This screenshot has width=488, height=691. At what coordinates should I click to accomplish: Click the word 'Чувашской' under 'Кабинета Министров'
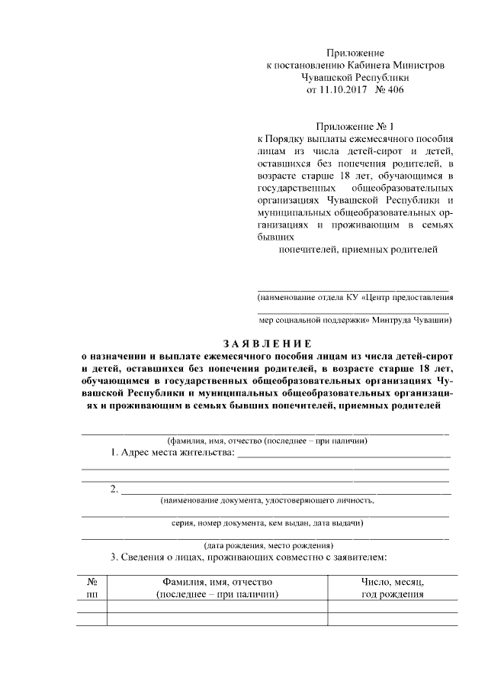[332, 78]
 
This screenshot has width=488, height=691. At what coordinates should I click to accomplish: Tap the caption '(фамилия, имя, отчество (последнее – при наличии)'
[267, 441]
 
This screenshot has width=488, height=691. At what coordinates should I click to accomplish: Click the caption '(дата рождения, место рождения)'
[267, 545]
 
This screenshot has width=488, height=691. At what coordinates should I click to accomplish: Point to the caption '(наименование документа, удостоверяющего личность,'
[267, 501]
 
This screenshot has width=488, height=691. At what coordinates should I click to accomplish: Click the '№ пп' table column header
[92, 588]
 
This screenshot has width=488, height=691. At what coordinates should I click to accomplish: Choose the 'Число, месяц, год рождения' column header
[392, 588]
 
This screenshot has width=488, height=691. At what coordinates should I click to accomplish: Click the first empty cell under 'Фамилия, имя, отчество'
[217, 607]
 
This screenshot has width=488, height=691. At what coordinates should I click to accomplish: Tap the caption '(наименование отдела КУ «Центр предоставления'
[355, 296]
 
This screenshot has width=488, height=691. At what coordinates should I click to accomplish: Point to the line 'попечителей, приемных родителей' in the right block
[359, 250]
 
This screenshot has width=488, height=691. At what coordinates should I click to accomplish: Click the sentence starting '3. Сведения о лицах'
[249, 557]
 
